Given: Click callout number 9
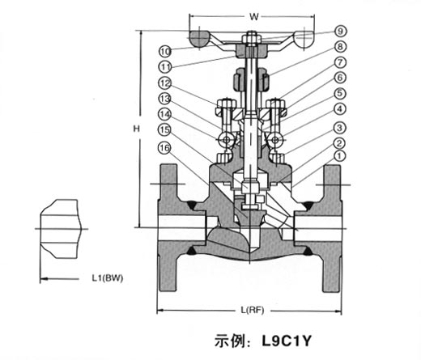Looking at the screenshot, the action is (340, 31).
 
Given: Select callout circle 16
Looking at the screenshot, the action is (164, 148).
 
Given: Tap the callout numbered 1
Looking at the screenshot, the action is (339, 156).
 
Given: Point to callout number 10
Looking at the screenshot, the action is (165, 51).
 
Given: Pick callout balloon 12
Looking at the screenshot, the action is (164, 83).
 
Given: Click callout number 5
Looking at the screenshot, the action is (340, 93).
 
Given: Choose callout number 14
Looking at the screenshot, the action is (164, 114).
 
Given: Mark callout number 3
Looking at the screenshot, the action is (340, 128).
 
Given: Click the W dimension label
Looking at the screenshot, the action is (254, 17).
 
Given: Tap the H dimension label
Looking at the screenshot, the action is (137, 129).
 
